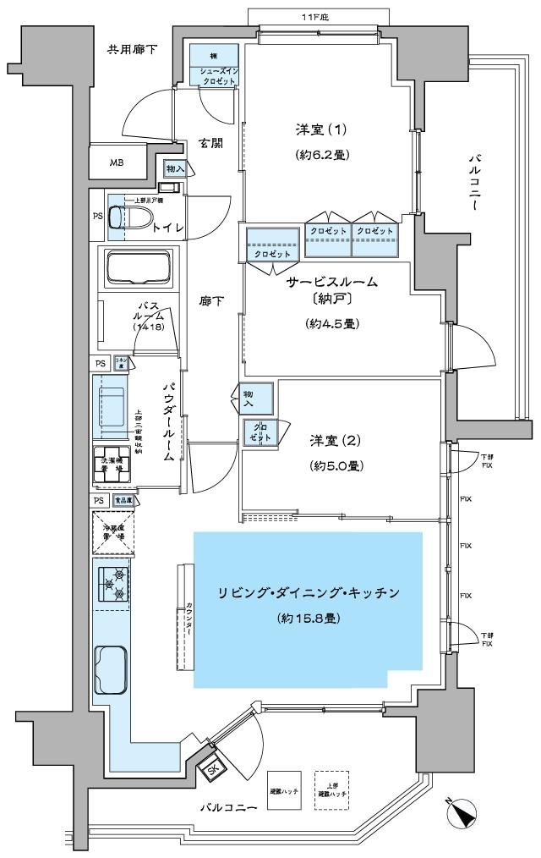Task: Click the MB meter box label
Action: [116, 162]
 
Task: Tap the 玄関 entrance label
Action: [210, 143]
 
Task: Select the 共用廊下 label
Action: [131, 51]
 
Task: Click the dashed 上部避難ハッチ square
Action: [332, 790]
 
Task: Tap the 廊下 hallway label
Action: [210, 300]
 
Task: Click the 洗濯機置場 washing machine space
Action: [112, 465]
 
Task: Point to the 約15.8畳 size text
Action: [309, 619]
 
